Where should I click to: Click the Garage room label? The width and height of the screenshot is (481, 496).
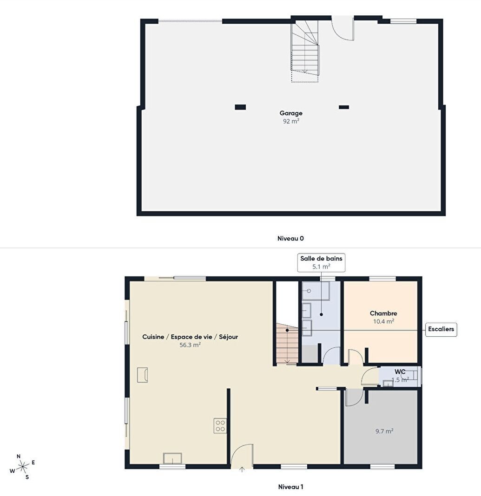pos(291,113)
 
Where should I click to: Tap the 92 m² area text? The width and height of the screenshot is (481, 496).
pos(291,121)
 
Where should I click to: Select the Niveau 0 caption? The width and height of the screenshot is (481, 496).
pos(290,239)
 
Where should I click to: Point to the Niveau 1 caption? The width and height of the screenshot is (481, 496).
pos(290,487)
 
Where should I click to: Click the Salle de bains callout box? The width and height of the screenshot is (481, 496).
pos(321,262)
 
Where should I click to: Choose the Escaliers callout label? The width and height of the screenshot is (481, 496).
pos(441,329)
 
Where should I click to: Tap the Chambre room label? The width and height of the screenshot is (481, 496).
pos(383,313)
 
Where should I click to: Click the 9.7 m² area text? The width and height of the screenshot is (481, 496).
pos(384,431)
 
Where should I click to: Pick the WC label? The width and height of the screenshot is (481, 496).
pos(400,372)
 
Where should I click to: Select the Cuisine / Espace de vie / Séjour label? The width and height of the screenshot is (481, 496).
pos(190,337)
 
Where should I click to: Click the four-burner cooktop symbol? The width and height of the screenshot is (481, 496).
pos(220,426)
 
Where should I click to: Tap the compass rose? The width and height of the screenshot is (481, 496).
pos(22,467)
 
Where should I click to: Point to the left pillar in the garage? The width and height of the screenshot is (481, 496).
pos(241,107)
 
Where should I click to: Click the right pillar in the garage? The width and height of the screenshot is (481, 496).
pos(344,107)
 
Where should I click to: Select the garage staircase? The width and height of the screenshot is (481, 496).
pos(305,51)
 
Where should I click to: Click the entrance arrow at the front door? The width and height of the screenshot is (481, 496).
pos(242,470)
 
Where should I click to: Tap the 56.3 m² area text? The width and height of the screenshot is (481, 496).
pos(190,345)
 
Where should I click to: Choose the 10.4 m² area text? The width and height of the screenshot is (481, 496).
pos(383,321)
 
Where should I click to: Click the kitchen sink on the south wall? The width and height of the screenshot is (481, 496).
pos(172,458)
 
